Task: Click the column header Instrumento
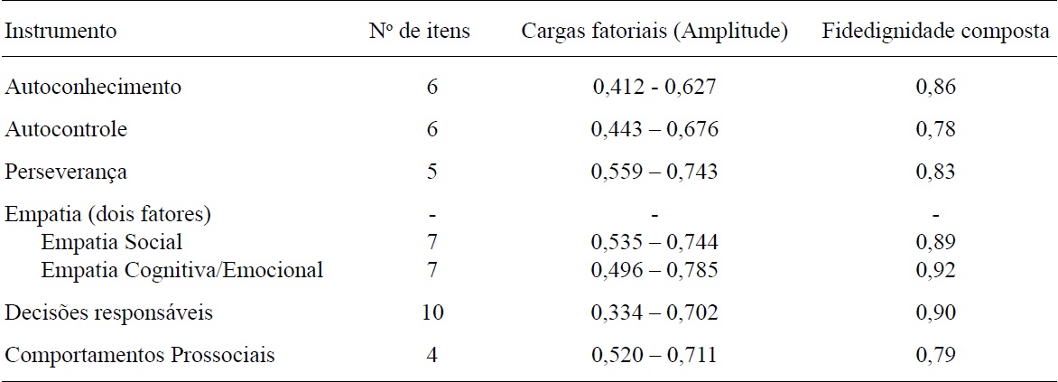point(60,32)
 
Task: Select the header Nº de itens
point(432,32)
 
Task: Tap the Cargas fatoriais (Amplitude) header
point(654,32)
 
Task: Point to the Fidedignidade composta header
point(935,32)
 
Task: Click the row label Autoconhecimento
point(93,88)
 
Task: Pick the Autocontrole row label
point(66,129)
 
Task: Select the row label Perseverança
point(66,172)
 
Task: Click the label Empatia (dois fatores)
point(108,215)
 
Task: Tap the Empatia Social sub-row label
point(111,242)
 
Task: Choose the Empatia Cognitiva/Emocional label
point(181,269)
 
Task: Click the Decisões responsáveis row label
point(109,312)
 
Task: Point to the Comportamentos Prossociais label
point(140,355)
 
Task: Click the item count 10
point(432,312)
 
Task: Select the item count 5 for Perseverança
point(432,172)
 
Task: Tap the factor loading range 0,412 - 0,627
point(654,88)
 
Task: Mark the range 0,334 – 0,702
point(654,312)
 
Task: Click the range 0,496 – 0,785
point(654,269)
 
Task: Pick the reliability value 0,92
point(935,269)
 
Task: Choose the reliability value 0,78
point(935,129)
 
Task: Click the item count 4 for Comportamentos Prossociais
point(432,355)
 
